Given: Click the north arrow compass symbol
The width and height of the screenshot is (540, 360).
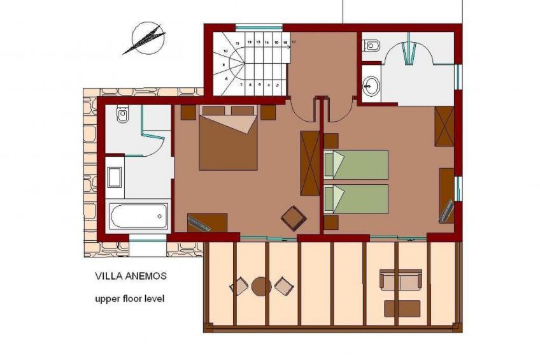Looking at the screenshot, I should (144, 38).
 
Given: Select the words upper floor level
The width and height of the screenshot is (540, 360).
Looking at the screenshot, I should (129, 298).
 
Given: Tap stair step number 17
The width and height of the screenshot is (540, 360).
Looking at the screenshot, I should (294, 42).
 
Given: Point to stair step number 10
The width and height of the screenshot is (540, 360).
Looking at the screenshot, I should (226, 50).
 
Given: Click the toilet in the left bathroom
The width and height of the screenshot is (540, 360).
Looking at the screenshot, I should (122, 115).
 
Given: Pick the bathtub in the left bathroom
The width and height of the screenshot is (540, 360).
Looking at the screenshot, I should (138, 217).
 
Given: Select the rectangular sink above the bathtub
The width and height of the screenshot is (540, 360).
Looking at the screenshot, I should (115, 176).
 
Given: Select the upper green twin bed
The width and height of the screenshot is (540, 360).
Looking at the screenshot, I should (357, 164).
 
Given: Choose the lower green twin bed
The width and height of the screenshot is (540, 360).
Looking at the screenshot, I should (357, 199).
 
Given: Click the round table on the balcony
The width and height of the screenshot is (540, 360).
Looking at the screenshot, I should (261, 287).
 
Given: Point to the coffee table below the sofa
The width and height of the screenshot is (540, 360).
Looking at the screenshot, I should (402, 308).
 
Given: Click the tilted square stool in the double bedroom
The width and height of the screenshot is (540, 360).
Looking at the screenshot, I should (294, 218).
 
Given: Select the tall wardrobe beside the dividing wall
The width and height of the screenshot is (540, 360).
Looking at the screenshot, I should (310, 162).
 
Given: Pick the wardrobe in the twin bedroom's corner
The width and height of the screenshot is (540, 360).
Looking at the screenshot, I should (444, 126).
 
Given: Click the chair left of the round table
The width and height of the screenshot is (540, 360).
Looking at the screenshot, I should (239, 287).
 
